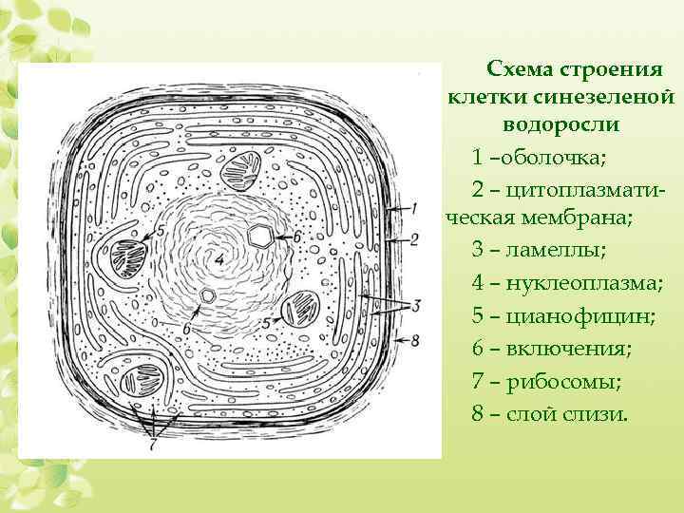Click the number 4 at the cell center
coord(219,258)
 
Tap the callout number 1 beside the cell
coord(414,207)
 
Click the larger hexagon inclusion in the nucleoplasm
coord(259,235)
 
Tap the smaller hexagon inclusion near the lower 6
coord(208,295)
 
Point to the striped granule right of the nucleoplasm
coord(304,307)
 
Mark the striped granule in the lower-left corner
coord(128,373)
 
